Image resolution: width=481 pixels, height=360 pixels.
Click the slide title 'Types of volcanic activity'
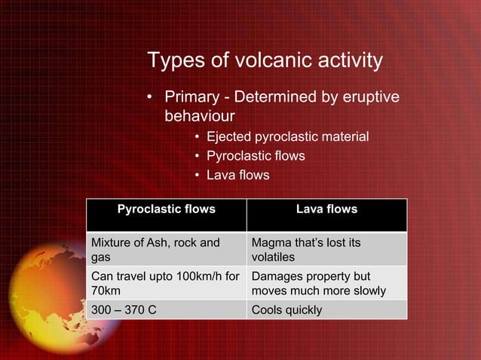coord(265,60)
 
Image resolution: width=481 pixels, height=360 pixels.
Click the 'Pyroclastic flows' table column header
coord(166,209)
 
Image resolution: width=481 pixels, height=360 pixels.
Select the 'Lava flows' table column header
coord(326,209)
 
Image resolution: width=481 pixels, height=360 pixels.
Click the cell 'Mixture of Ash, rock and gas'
coord(166,249)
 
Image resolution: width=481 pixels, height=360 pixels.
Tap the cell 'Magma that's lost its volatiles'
coord(326,249)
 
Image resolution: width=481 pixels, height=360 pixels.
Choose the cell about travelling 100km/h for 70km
coord(166,283)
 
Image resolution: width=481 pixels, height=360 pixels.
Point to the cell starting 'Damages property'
coord(326,283)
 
